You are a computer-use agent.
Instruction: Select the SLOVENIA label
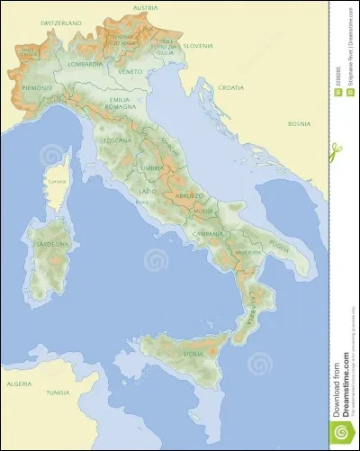pos(198,45)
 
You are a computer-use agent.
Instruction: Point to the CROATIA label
pos(230,87)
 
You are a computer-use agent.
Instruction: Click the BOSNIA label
pos(299,123)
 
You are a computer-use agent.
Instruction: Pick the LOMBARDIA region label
pos(84,65)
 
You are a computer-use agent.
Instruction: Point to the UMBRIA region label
pos(151,168)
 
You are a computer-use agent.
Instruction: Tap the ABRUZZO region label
pos(189,194)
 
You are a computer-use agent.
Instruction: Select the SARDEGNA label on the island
pos(52,244)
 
